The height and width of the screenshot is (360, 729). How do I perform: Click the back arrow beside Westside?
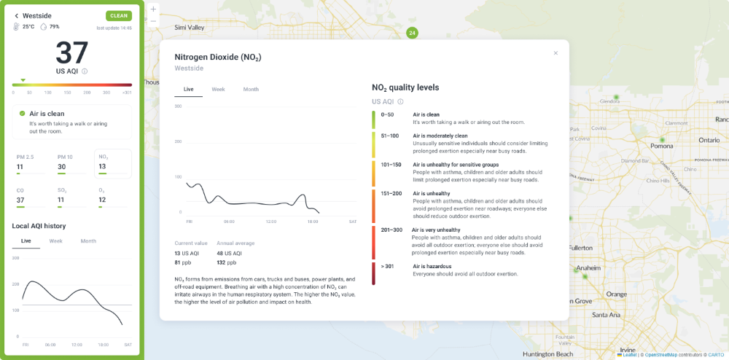pyautogui.click(x=16, y=15)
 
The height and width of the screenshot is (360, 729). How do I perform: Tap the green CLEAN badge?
pyautogui.click(x=118, y=15)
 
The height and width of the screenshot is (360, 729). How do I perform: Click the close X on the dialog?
pyautogui.click(x=555, y=53)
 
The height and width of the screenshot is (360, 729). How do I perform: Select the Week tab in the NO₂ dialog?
pyautogui.click(x=218, y=89)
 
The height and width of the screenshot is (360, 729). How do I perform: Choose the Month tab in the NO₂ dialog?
pyautogui.click(x=251, y=89)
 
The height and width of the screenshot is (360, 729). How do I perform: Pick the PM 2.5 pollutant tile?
pyautogui.click(x=33, y=163)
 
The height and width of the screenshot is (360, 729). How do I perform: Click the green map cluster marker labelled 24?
pyautogui.click(x=412, y=33)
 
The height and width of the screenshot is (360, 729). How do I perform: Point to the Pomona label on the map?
pyautogui.click(x=662, y=146)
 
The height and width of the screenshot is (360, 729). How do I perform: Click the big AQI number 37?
pyautogui.click(x=71, y=53)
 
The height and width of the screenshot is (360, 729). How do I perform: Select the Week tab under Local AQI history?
pyautogui.click(x=55, y=240)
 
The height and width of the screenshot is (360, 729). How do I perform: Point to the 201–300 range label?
pyautogui.click(x=391, y=230)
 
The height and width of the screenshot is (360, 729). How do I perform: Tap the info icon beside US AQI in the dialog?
pyautogui.click(x=400, y=102)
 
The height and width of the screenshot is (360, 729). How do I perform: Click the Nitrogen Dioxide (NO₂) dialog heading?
pyautogui.click(x=218, y=57)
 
